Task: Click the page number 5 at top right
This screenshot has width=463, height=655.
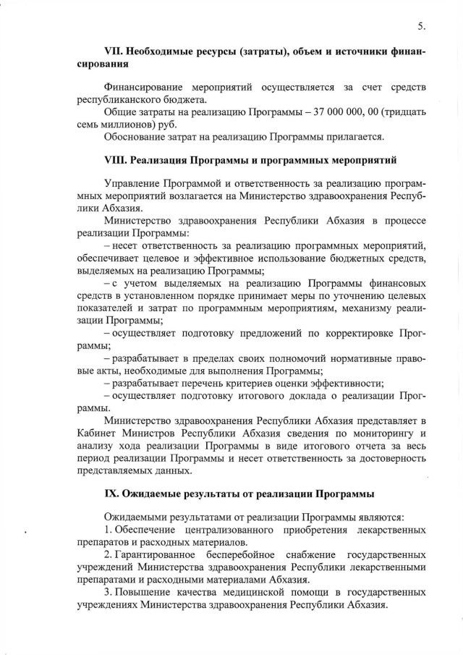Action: (420, 27)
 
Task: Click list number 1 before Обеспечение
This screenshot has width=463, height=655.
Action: (107, 531)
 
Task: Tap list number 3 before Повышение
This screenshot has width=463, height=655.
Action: (107, 592)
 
